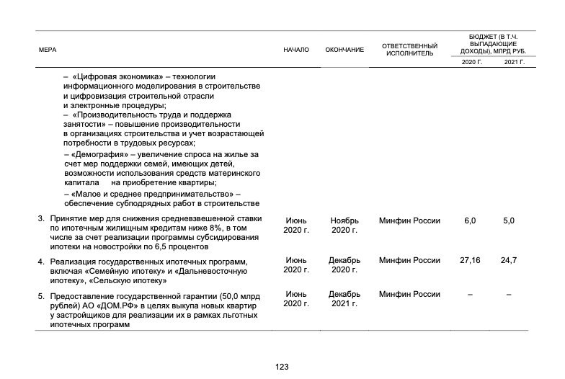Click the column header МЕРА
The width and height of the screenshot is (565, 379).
click(x=48, y=50)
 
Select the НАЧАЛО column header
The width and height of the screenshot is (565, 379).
click(x=296, y=50)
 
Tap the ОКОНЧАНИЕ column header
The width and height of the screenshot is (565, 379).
click(x=344, y=50)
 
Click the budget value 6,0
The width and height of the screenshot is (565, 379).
click(x=470, y=220)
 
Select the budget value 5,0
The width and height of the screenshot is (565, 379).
click(x=509, y=220)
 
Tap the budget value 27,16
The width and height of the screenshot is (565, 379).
click(x=470, y=259)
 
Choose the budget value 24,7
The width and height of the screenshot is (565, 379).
click(x=509, y=259)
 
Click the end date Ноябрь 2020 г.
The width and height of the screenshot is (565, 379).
click(x=344, y=225)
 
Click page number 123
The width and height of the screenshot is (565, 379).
click(x=282, y=367)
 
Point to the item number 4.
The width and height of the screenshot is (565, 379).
click(x=41, y=261)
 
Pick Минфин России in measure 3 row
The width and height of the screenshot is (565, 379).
click(x=409, y=220)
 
